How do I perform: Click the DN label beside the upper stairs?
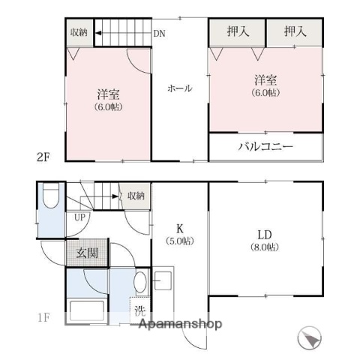pyautogui.click(x=159, y=34)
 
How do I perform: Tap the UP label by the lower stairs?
pyautogui.click(x=79, y=217)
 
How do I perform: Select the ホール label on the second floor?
pyautogui.click(x=179, y=88)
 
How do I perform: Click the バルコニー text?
pyautogui.click(x=266, y=146)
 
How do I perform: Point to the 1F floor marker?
pyautogui.click(x=44, y=317)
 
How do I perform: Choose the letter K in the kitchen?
pyautogui.click(x=179, y=228)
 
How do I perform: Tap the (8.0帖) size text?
pyautogui.click(x=265, y=247)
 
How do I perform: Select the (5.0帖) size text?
pyautogui.click(x=179, y=241)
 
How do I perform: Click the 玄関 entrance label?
pyautogui.click(x=86, y=253)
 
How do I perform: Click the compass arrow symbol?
pyautogui.click(x=309, y=340)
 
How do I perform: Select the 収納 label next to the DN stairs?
pyautogui.click(x=79, y=32)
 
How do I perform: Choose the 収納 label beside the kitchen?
pyautogui.click(x=135, y=196)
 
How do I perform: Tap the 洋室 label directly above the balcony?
pyautogui.click(x=261, y=79)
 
